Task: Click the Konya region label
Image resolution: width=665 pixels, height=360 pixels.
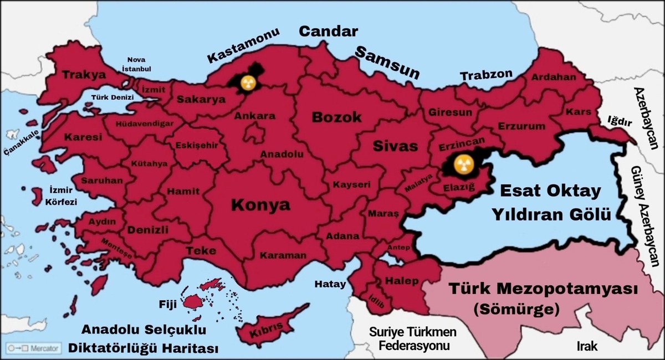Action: pyautogui.click(x=252, y=205)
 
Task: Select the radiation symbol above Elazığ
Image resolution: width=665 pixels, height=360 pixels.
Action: pyautogui.click(x=460, y=163)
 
